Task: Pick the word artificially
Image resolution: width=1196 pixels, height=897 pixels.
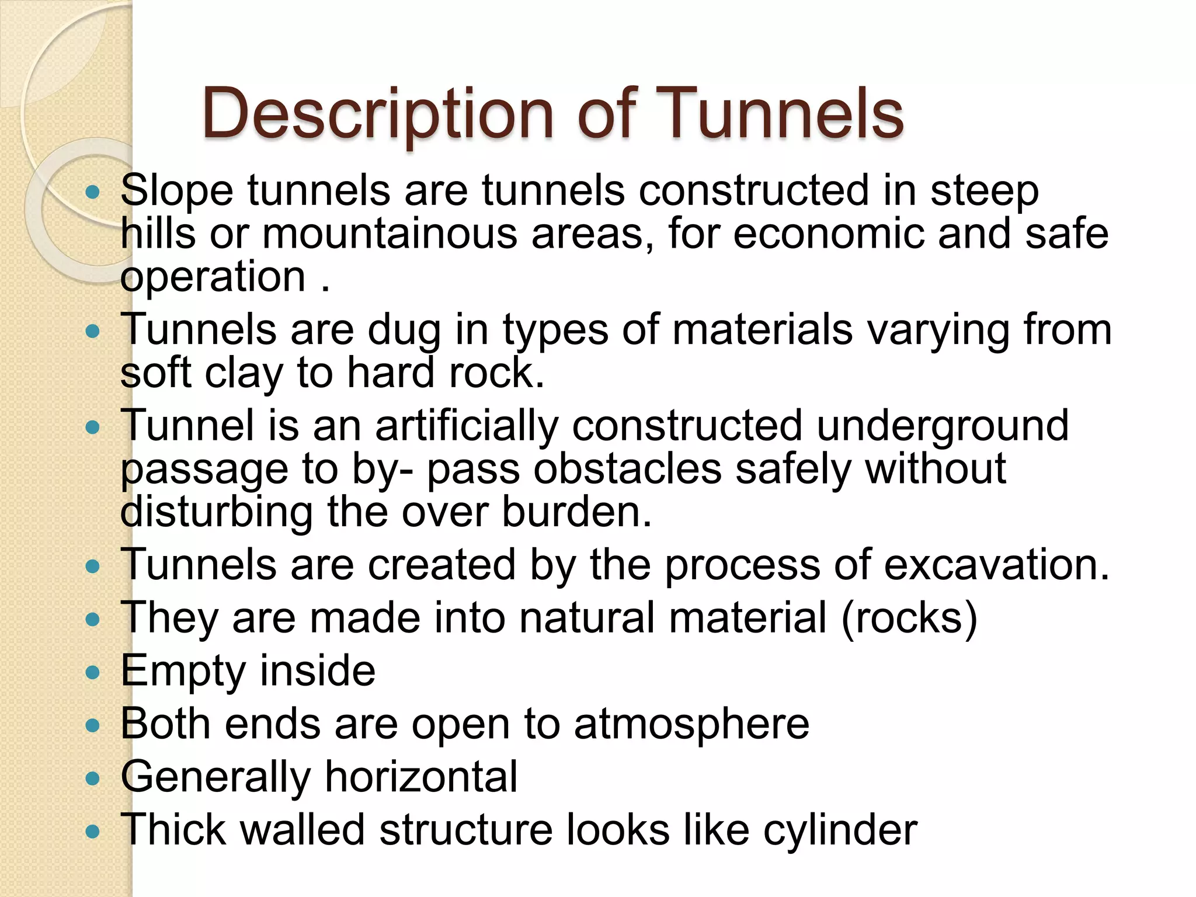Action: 467,426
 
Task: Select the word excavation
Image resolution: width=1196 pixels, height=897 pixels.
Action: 996,565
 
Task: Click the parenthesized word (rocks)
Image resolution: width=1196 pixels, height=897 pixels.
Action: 909,618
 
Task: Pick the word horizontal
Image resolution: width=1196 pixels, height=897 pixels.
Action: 421,777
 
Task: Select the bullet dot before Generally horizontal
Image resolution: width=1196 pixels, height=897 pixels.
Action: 93,778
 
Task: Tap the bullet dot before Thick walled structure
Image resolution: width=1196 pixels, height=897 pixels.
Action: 93,831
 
